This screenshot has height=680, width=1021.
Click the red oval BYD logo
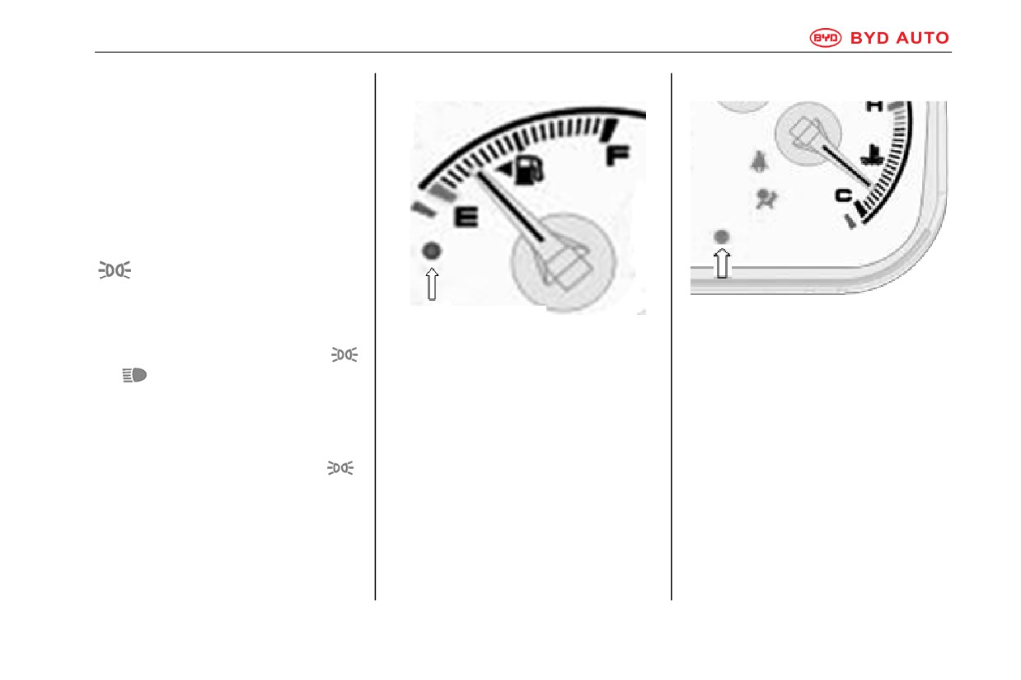(825, 38)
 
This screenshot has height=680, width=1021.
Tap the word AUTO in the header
(923, 38)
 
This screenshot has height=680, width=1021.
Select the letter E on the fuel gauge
(466, 217)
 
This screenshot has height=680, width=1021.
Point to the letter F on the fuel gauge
(617, 155)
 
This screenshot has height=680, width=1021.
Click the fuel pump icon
(530, 170)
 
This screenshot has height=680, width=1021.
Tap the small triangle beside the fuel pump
(505, 170)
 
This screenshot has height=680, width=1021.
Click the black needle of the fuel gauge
(511, 206)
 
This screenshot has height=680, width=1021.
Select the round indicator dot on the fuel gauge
(432, 251)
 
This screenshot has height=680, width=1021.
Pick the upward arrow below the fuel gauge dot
(432, 284)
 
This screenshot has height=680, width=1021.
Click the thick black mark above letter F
(608, 129)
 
